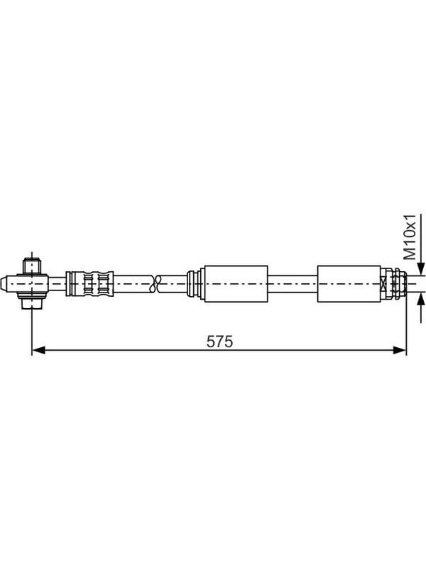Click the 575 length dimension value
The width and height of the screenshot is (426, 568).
[x=219, y=342]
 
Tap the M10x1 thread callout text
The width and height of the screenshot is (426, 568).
[x=410, y=237]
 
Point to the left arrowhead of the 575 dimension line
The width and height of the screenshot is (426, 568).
[x=39, y=350]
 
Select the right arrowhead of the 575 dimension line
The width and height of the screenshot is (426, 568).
[x=399, y=350]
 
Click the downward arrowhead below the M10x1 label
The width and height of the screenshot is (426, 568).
[x=420, y=268]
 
